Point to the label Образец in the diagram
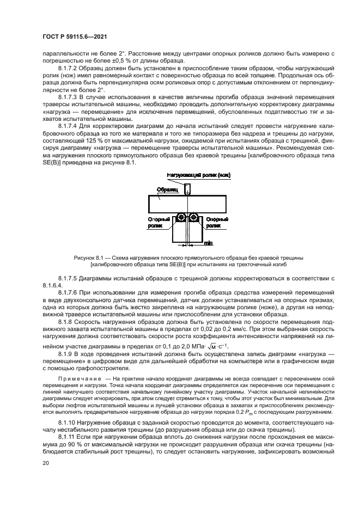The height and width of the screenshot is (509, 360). [166, 189]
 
